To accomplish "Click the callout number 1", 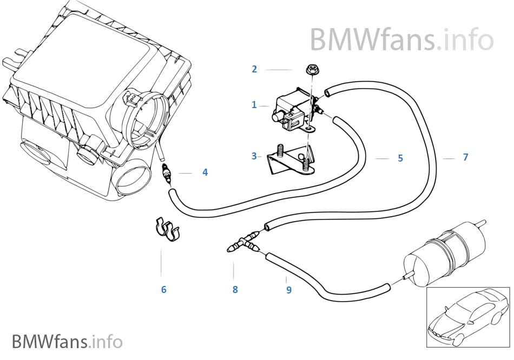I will click(254, 105).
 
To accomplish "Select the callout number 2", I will click(254, 69).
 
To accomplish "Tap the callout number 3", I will click(254, 156).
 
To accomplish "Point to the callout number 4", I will click(205, 172).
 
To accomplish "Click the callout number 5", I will click(400, 158).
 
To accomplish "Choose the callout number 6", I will click(163, 290).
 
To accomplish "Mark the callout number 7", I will click(465, 157).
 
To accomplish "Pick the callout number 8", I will click(235, 290).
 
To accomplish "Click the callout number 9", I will click(289, 290).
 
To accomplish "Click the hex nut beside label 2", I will click(312, 70).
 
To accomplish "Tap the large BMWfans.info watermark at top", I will click(401, 39).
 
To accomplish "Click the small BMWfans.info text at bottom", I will click(67, 342).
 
